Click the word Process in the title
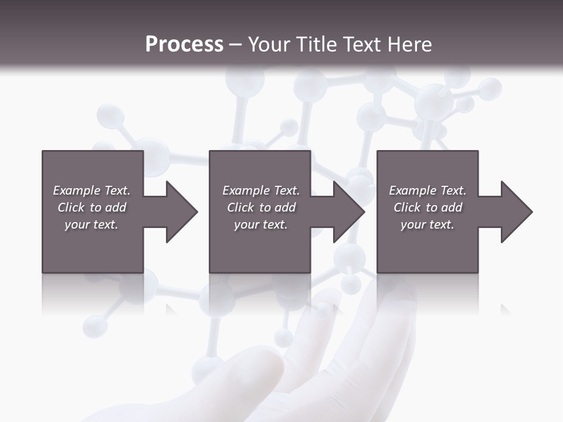pyautogui.click(x=184, y=45)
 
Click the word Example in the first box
pyautogui.click(x=76, y=190)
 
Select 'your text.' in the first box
pyautogui.click(x=91, y=224)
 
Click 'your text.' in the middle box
pyautogui.click(x=260, y=224)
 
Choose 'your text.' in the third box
pyautogui.click(x=428, y=224)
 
